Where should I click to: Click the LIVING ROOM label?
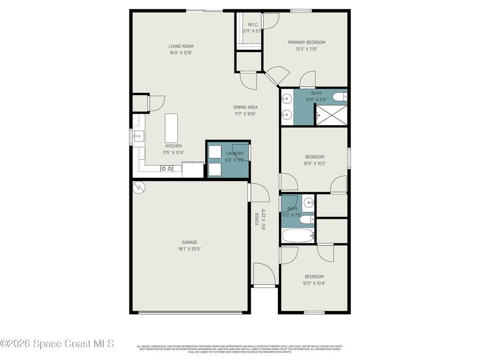tap(181, 46)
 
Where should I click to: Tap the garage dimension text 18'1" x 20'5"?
tap(189, 249)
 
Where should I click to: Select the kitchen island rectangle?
tap(171, 128)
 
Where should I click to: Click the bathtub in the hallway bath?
tap(298, 235)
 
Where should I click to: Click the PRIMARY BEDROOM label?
tap(306, 42)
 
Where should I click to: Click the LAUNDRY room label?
tap(234, 153)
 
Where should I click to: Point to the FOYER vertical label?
tap(257, 219)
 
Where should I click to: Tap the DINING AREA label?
tap(245, 107)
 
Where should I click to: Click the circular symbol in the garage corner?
tap(139, 187)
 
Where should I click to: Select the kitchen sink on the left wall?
tap(139, 137)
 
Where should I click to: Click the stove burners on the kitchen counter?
tap(166, 168)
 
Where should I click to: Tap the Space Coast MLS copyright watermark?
tap(57, 344)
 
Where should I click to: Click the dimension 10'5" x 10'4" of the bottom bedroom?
tap(314, 283)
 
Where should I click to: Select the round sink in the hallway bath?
tap(308, 203)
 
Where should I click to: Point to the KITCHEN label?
tap(173, 146)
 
